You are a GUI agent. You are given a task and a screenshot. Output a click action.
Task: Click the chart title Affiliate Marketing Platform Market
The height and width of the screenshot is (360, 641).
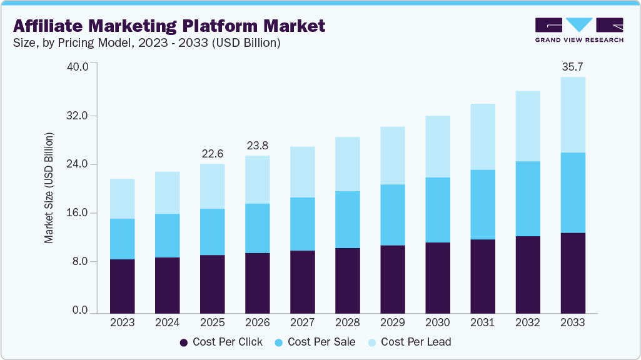[169, 26]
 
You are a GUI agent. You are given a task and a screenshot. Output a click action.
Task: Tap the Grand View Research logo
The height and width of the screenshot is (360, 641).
[579, 30]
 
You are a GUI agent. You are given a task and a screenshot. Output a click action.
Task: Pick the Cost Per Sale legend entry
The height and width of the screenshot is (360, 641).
[314, 342]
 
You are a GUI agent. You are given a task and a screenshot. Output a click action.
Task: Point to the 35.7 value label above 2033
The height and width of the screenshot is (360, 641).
[572, 66]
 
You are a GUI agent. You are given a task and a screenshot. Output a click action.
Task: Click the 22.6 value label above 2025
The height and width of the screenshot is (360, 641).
[212, 153]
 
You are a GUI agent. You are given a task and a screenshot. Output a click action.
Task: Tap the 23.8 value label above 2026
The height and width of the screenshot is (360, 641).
[257, 145]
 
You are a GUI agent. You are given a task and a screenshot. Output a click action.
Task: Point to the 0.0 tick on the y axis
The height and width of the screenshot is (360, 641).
[80, 311]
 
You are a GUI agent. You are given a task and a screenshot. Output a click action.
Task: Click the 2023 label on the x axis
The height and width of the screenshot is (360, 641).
[122, 322]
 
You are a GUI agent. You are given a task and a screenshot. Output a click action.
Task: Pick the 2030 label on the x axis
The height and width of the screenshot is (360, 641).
[437, 322]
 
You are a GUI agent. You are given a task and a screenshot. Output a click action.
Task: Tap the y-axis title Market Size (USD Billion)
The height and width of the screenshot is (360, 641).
[49, 187]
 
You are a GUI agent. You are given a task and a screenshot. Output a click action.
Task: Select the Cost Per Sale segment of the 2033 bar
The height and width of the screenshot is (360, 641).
[572, 192]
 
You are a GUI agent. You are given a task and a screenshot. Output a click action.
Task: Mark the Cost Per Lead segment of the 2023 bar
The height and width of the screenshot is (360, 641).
[122, 199]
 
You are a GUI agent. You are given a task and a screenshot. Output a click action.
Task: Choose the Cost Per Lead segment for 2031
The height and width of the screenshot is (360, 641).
[482, 136]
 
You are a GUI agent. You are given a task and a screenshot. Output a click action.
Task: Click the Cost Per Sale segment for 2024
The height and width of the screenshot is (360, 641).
[167, 235]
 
